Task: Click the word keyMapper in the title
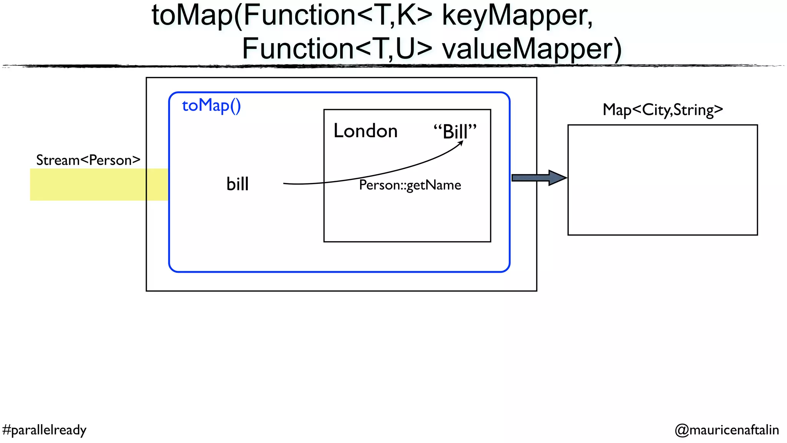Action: (517, 16)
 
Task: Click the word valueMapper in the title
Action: (531, 49)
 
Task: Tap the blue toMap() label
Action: (211, 105)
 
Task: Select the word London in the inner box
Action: (365, 131)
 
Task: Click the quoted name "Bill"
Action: (455, 132)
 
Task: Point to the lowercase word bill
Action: (237, 184)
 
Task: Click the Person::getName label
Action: (410, 185)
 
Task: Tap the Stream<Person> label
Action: (88, 160)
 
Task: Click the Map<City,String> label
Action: (662, 110)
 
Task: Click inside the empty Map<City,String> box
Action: (662, 180)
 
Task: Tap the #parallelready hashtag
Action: (44, 430)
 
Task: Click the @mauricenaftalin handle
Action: (727, 430)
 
